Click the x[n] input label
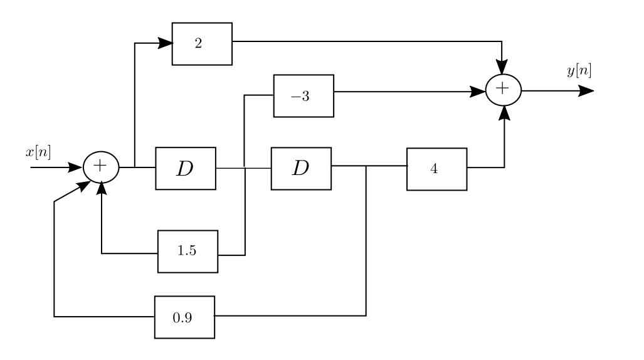pyautogui.click(x=38, y=152)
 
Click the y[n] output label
pyautogui.click(x=578, y=71)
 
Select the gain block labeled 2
pyautogui.click(x=202, y=44)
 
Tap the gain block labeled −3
pyautogui.click(x=304, y=96)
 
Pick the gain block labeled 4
pyautogui.click(x=436, y=169)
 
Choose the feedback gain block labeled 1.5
pyautogui.click(x=187, y=251)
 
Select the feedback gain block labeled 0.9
pyautogui.click(x=184, y=317)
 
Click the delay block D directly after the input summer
pyautogui.click(x=186, y=169)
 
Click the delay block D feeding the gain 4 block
pyautogui.click(x=301, y=169)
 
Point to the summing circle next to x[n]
pyautogui.click(x=101, y=168)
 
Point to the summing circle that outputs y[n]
pyautogui.click(x=503, y=90)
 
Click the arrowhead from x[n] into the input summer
pyautogui.click(x=76, y=168)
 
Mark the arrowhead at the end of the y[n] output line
pyautogui.click(x=586, y=90)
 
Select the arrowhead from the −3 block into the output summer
pyautogui.click(x=479, y=92)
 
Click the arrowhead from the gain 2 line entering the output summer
pyautogui.click(x=502, y=67)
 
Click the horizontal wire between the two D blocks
pyautogui.click(x=243, y=168)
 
